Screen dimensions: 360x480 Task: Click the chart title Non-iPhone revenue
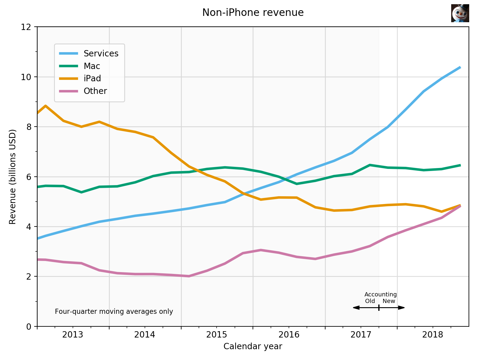pyautogui.click(x=253, y=13)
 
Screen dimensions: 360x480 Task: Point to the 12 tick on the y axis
pyautogui.click(x=26, y=27)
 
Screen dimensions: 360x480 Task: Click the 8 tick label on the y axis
pyautogui.click(x=29, y=127)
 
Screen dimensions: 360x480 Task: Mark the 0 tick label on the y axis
pyautogui.click(x=29, y=326)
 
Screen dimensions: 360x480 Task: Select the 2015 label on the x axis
pyautogui.click(x=217, y=335)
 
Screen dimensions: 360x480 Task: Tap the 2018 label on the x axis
pyautogui.click(x=433, y=335)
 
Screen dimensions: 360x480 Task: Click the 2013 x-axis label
pyautogui.click(x=73, y=335)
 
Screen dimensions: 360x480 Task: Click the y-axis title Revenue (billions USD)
pyautogui.click(x=12, y=177)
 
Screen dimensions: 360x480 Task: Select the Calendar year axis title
pyautogui.click(x=253, y=346)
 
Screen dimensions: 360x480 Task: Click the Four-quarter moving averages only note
pyautogui.click(x=114, y=312)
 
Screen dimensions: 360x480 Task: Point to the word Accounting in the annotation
pyautogui.click(x=380, y=295)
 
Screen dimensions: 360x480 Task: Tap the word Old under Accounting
pyautogui.click(x=370, y=301)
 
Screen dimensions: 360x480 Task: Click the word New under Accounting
pyautogui.click(x=389, y=301)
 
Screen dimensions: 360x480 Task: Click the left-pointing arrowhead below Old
pyautogui.click(x=356, y=307)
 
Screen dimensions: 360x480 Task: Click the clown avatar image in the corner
pyautogui.click(x=460, y=13)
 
